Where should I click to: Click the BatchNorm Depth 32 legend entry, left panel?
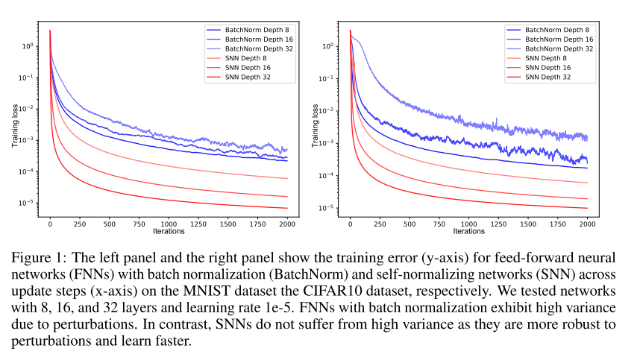tap(251, 47)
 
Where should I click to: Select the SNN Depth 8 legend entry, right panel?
tap(550, 57)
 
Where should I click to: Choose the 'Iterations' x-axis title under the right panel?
tap(468, 231)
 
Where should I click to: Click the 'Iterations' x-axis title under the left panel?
tap(169, 231)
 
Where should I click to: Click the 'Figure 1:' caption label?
tap(38, 258)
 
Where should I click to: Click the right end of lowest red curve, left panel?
tap(288, 208)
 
